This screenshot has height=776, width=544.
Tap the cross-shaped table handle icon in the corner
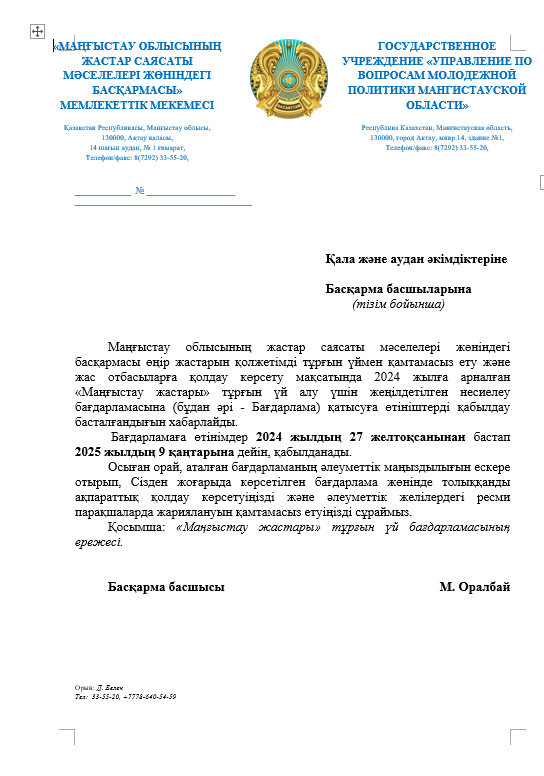37,33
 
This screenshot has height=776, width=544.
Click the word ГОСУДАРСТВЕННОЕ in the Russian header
436,46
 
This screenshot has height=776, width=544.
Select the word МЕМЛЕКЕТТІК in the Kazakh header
103,104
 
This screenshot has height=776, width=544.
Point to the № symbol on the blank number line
140,191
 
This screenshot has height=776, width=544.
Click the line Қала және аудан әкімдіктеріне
416,259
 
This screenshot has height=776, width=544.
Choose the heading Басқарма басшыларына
398,289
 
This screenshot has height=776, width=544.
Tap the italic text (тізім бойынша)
398,303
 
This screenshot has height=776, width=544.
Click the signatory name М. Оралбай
474,587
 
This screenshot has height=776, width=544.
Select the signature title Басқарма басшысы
165,587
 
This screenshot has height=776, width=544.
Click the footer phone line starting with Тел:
125,696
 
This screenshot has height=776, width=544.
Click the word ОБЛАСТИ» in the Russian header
436,104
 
